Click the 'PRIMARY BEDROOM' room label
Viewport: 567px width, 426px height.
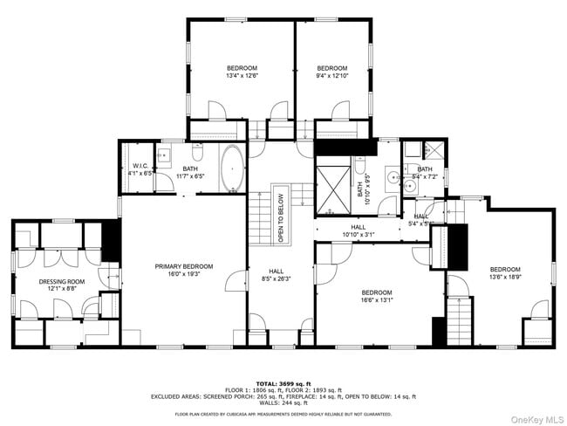[x=184, y=266]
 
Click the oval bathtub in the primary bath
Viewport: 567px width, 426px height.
[x=233, y=168]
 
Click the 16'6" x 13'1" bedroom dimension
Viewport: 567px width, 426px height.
[x=376, y=300]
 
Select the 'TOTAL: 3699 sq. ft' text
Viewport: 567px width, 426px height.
[x=283, y=383]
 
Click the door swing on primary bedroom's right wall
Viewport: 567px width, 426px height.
[x=236, y=284]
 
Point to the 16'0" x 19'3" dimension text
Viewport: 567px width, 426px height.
[x=184, y=273]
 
